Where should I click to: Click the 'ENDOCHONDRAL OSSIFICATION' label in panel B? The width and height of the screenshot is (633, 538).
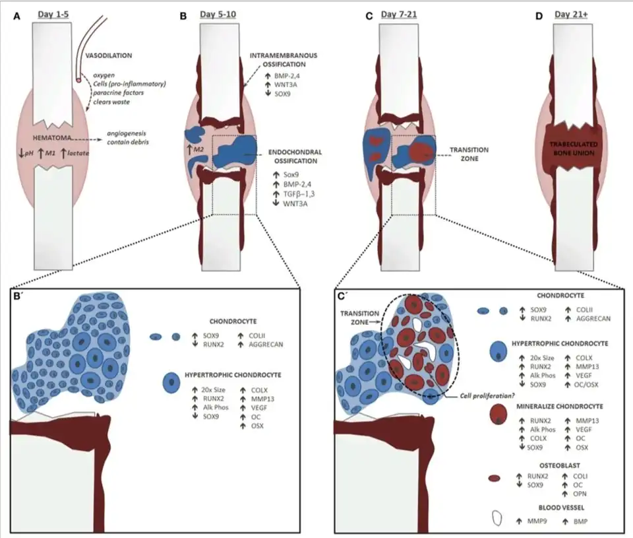(295, 156)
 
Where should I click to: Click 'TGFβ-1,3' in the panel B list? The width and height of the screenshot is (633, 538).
(295, 195)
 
